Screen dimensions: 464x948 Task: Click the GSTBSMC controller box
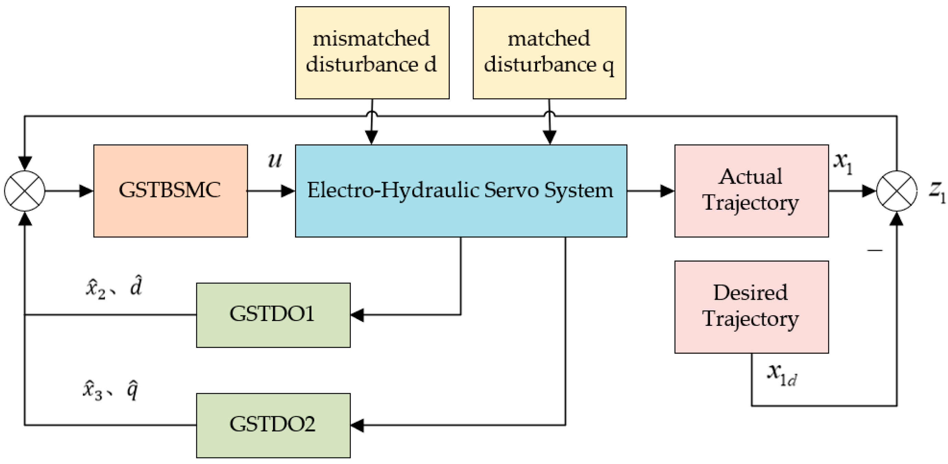pyautogui.click(x=171, y=191)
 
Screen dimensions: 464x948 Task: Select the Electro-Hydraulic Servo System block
pyautogui.click(x=461, y=191)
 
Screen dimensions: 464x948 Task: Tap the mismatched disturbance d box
pyautogui.click(x=372, y=53)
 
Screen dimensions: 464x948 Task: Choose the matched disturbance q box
pyautogui.click(x=549, y=53)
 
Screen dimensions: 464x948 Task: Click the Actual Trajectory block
pyautogui.click(x=751, y=191)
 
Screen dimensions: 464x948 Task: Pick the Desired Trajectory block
pyautogui.click(x=751, y=307)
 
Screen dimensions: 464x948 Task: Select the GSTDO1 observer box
pyautogui.click(x=273, y=315)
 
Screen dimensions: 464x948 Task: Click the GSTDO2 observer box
pyautogui.click(x=273, y=426)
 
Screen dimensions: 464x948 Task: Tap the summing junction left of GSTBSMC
pyautogui.click(x=25, y=191)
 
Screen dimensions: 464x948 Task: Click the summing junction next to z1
pyautogui.click(x=896, y=191)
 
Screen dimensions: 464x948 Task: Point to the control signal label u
pyautogui.click(x=274, y=161)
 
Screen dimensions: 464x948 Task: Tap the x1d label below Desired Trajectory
pyautogui.click(x=782, y=374)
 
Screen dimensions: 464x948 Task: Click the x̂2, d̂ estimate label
pyautogui.click(x=114, y=287)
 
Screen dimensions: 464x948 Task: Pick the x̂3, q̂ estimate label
pyautogui.click(x=110, y=391)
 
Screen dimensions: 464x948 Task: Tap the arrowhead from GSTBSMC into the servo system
pyautogui.click(x=288, y=191)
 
